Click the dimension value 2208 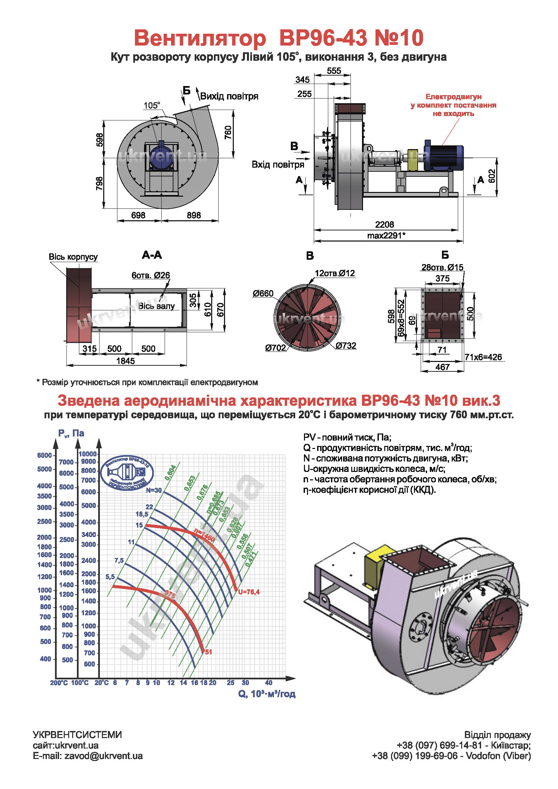[384, 224]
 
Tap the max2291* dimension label [386, 235]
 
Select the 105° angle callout [151, 106]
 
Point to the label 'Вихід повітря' [229, 96]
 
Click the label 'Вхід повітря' [278, 165]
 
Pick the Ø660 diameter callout [263, 293]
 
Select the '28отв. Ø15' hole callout [442, 267]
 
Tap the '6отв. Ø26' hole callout [150, 275]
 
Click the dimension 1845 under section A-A [125, 361]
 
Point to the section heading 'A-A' [151, 255]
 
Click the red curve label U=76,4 [249, 592]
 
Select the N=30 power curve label [154, 490]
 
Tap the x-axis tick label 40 [269, 682]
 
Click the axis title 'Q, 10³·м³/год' [267, 694]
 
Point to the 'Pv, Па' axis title [71, 433]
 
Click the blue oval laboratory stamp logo [127, 473]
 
